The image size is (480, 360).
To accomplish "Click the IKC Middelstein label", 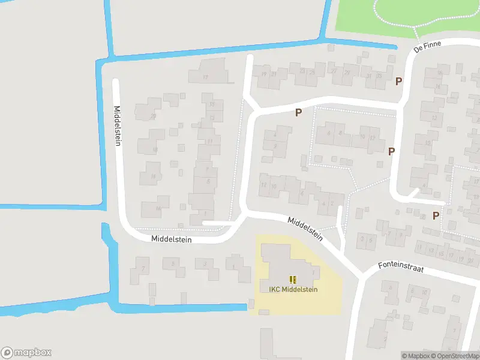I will pos(293,290).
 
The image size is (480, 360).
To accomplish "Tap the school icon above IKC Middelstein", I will pos(293,279).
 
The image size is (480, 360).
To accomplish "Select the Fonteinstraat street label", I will pos(401,267).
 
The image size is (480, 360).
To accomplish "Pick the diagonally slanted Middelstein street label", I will pos(305,229).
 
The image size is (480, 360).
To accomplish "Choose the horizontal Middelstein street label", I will pos(171,238).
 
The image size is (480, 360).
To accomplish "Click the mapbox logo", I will pos(26,353).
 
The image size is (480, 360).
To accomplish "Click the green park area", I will pos(408,15).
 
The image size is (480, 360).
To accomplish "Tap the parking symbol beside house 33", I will pos(398,81).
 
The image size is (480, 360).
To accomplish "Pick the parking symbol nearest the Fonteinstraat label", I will pos(436,215).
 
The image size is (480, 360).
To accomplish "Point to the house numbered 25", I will pos(311,73).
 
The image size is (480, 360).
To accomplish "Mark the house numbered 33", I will pos(379,77).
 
